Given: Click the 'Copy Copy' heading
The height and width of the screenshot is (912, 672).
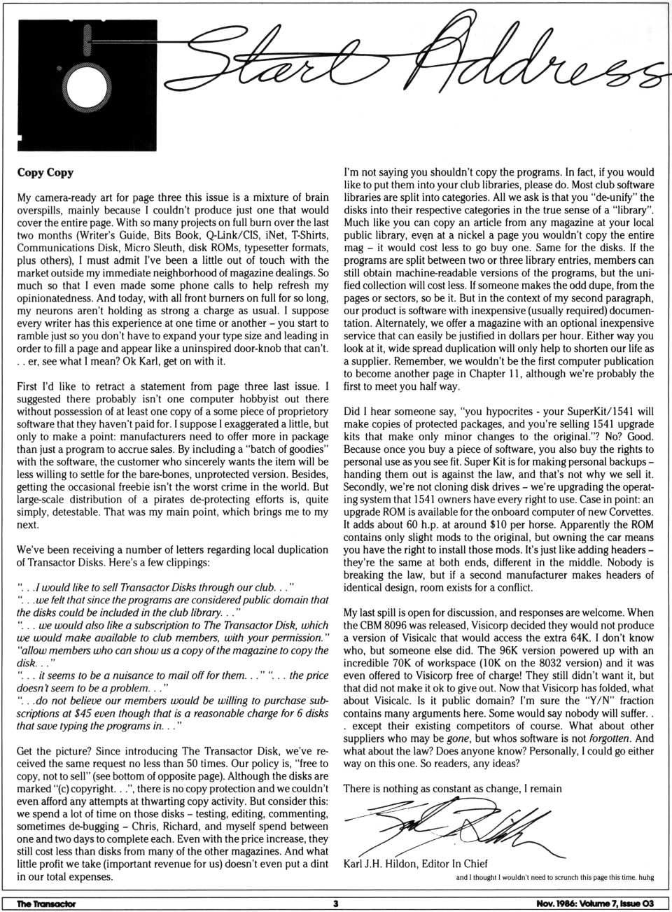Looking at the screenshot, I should click(45, 172).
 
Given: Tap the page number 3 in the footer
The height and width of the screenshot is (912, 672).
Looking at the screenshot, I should click(336, 904).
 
